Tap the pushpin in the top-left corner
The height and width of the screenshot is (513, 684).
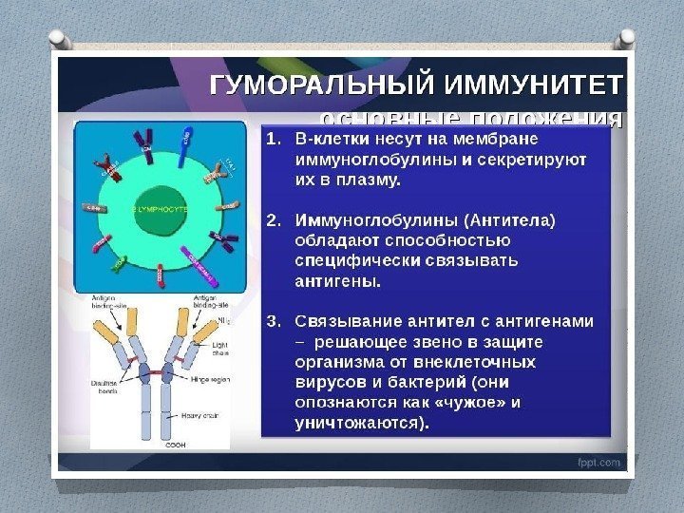point(57,40)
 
